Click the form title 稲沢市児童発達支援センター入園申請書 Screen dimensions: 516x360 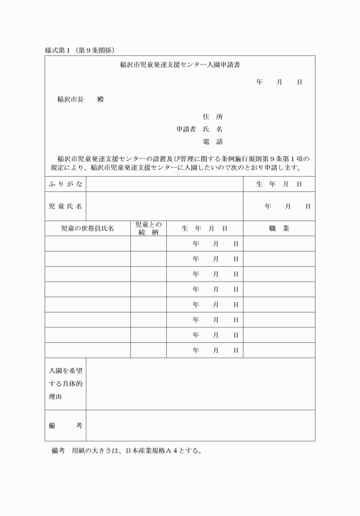(179, 65)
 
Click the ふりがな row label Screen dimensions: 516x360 (65, 184)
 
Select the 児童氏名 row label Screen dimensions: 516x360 (65, 206)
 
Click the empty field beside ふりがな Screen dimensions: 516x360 (165, 184)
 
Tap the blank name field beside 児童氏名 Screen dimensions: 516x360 (165, 206)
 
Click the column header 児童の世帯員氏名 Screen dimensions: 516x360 (87, 229)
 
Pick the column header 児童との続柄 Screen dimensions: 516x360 (148, 229)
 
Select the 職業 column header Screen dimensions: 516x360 (279, 229)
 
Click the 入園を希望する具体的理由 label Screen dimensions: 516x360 (65, 383)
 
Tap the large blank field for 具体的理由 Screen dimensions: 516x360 (200, 383)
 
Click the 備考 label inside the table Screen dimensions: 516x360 (65, 426)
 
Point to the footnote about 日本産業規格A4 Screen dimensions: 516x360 (126, 451)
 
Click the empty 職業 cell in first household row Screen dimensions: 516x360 (279, 243)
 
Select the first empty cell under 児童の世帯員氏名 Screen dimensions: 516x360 (87, 243)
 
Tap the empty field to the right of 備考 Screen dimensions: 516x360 (200, 426)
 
